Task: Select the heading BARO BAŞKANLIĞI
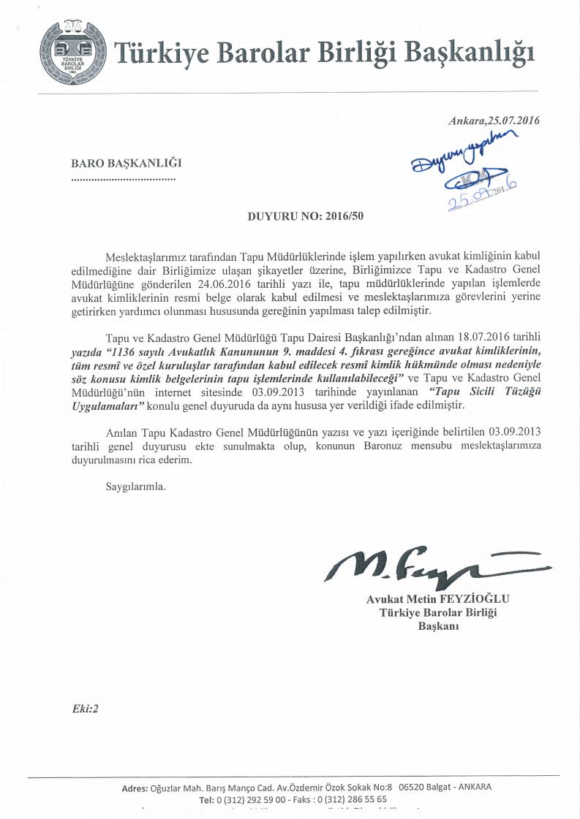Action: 126,164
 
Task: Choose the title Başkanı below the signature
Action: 438,626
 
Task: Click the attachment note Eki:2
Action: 85,709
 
